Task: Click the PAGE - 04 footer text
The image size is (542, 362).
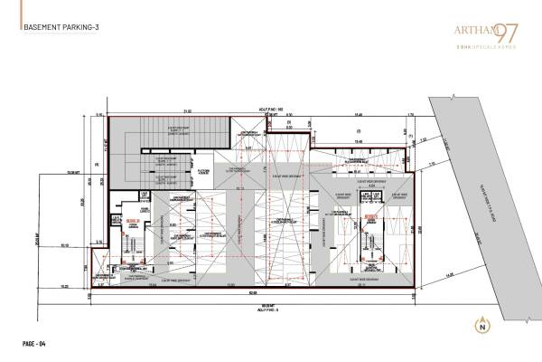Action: pyautogui.click(x=37, y=343)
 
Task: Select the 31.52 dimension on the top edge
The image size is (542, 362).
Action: pyautogui.click(x=187, y=113)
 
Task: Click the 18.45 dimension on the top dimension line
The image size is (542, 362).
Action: pyautogui.click(x=358, y=113)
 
